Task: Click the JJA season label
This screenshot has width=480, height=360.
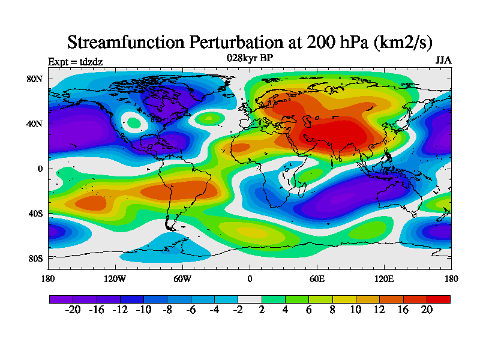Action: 443,61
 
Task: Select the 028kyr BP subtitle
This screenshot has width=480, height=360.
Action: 250,58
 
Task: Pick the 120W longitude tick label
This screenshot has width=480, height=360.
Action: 115,278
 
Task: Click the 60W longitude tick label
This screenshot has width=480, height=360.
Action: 182,278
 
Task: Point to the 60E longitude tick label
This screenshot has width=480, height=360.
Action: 317,278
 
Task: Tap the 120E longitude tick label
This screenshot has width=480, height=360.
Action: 384,278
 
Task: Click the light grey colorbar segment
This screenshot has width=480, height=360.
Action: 250,299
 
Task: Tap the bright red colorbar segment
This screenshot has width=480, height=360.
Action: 438,299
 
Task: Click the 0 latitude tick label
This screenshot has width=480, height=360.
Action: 41,169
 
